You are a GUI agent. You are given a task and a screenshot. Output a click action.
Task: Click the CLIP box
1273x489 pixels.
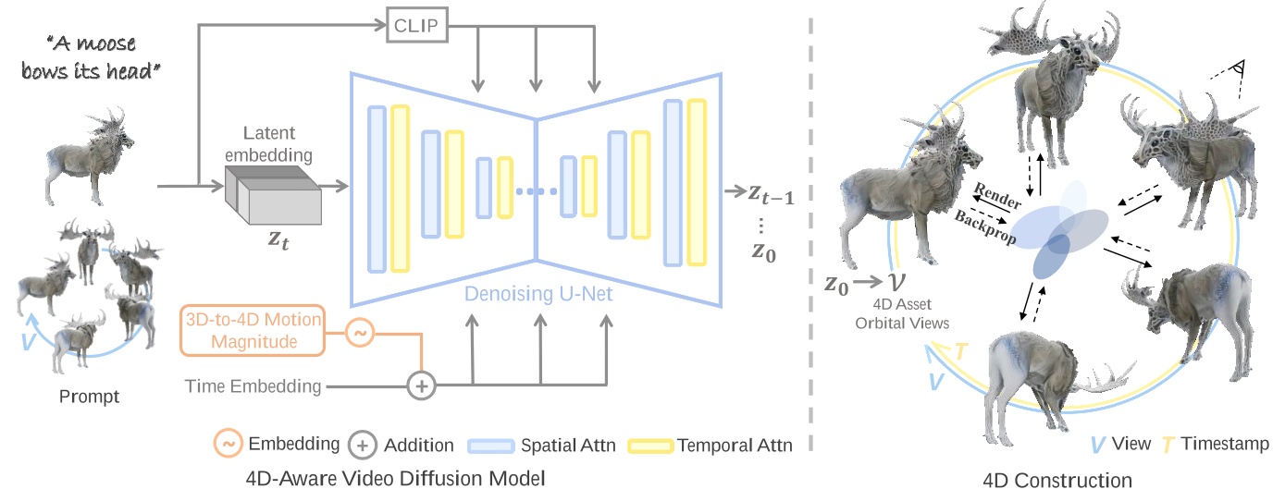(416, 28)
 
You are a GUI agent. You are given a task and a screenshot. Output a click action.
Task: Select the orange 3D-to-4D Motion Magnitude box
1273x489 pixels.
(252, 330)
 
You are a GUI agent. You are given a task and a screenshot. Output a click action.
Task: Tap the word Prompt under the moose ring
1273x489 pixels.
(89, 397)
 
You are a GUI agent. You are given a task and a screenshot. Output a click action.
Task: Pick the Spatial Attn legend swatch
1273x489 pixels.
(491, 446)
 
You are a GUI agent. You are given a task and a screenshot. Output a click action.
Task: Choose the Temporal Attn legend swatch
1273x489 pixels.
(650, 446)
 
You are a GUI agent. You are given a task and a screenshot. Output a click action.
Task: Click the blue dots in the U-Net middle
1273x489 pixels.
(536, 192)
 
